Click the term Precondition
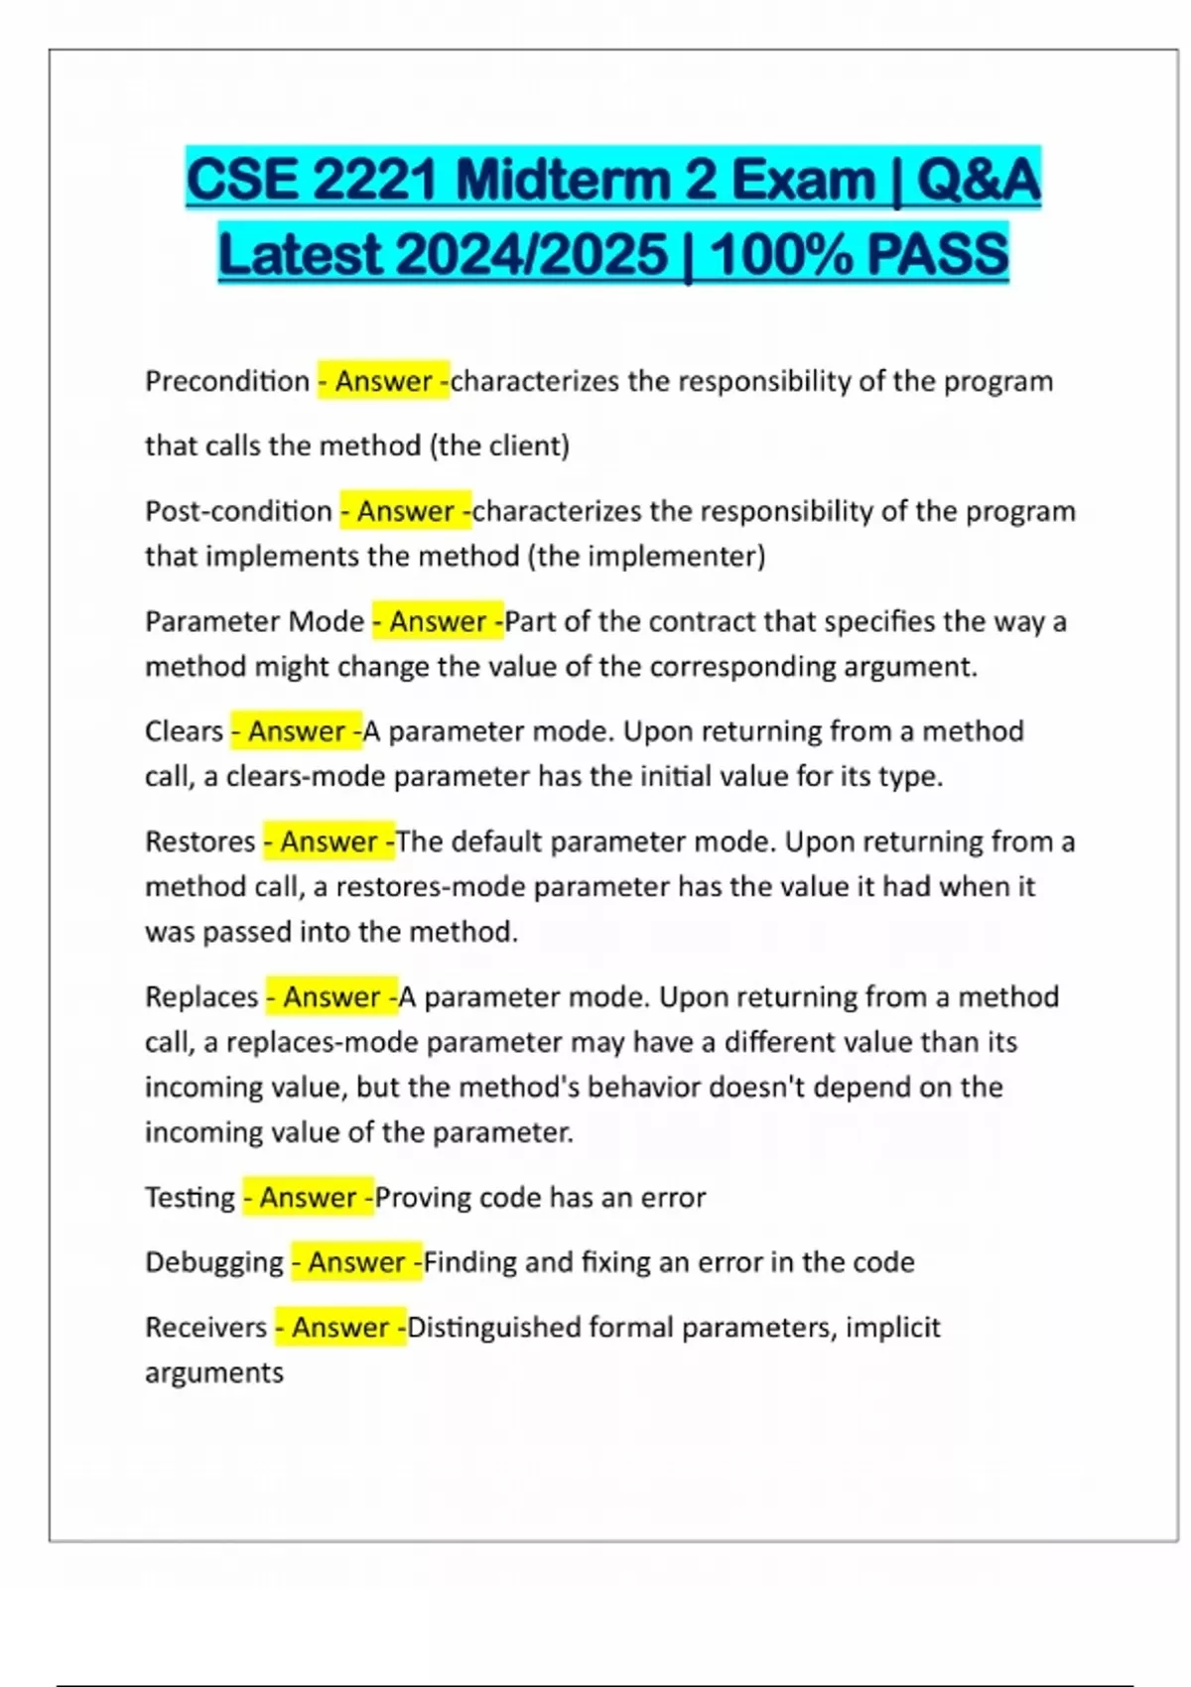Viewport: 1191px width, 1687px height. [227, 381]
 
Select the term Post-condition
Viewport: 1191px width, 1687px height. [238, 511]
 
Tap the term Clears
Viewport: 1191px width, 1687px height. [184, 731]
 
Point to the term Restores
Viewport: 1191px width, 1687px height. [200, 842]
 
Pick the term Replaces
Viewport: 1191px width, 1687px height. [201, 996]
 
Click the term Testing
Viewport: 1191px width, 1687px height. [191, 1198]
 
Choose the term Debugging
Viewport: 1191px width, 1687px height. [214, 1262]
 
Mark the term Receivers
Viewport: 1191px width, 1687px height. [206, 1328]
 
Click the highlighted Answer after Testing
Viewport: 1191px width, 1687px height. [309, 1198]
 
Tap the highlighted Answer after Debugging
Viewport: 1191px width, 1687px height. [356, 1262]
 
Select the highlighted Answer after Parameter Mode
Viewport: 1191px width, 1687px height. [438, 621]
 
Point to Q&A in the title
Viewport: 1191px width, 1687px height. [978, 181]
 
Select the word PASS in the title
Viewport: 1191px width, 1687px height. [937, 254]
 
